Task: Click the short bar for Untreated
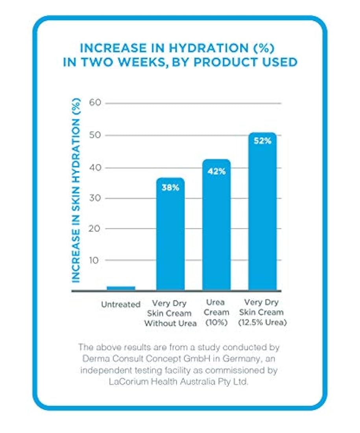pyautogui.click(x=121, y=288)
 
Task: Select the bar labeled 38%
pyautogui.click(x=170, y=236)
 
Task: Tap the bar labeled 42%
pyautogui.click(x=216, y=228)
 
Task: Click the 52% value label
pyautogui.click(x=262, y=141)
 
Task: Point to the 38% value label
pyautogui.click(x=170, y=188)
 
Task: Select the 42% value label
pyautogui.click(x=216, y=171)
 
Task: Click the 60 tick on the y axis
pyautogui.click(x=96, y=103)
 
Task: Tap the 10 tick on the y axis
pyautogui.click(x=96, y=260)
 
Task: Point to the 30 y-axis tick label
pyautogui.click(x=96, y=198)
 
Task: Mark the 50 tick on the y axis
pyautogui.click(x=96, y=135)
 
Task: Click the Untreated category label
pyautogui.click(x=120, y=304)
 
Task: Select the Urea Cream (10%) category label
pyautogui.click(x=216, y=313)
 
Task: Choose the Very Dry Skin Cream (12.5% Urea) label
pyautogui.click(x=261, y=313)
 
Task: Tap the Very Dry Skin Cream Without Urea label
pyautogui.click(x=170, y=314)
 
